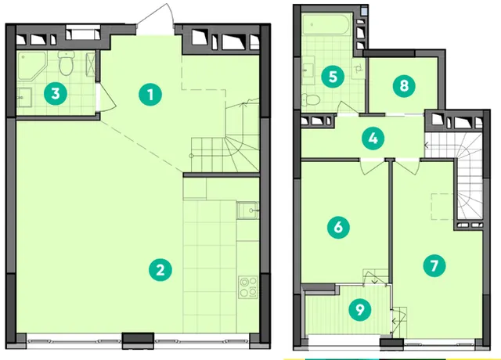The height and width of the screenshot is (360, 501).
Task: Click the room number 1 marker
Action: coord(150,95)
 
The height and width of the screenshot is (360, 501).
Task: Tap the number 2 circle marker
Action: coord(160,270)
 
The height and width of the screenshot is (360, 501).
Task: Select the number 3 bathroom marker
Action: coord(56,94)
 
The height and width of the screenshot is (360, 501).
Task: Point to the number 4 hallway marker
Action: coord(373,139)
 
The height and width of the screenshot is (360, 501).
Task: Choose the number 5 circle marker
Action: coord(333,77)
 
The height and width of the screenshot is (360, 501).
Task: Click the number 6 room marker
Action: coord(338,228)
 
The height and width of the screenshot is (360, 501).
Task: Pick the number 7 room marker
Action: coord(434,266)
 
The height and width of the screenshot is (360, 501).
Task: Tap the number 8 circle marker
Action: coord(404,86)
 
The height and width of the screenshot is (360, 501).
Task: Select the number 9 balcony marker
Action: coord(360,309)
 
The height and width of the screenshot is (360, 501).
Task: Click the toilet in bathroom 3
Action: coord(66,63)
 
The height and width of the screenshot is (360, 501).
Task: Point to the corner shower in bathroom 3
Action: coord(31,66)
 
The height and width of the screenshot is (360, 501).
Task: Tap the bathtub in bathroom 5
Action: coord(326,24)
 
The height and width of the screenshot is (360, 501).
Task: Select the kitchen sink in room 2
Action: coord(247,211)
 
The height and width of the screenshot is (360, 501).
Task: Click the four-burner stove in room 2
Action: coord(248,287)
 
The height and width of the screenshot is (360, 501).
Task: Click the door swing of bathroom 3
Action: coord(107,96)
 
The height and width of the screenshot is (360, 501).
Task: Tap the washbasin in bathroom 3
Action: coord(24,97)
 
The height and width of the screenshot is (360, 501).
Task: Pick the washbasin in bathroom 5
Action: coord(308,70)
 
